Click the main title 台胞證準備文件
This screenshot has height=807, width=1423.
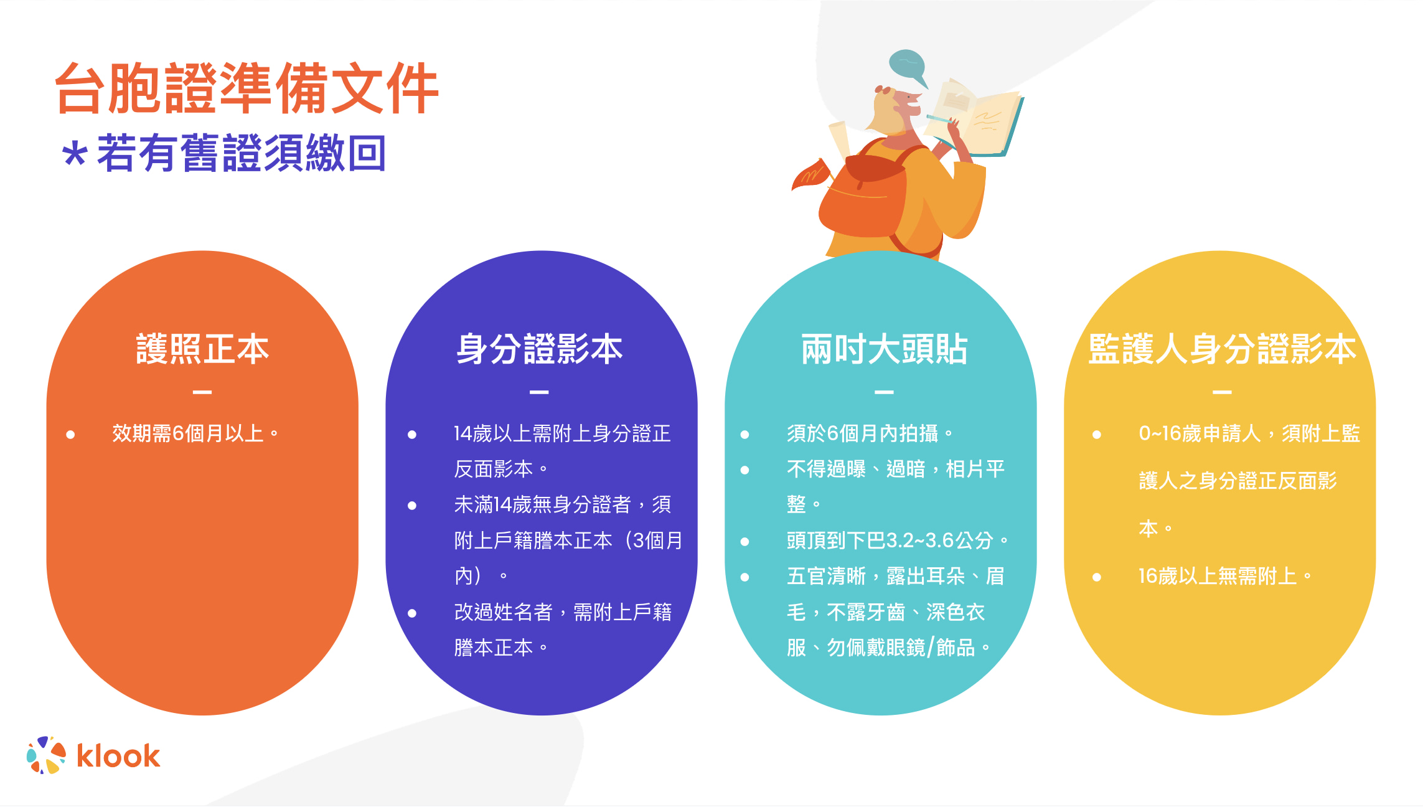(x=247, y=88)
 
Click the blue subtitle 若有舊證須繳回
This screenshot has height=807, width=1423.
(x=242, y=153)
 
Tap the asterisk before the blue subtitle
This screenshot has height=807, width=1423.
(x=75, y=154)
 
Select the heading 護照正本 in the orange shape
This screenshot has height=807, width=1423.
(x=202, y=349)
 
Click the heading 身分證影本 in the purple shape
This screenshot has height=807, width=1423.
(x=540, y=349)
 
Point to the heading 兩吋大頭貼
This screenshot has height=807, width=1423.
(x=884, y=349)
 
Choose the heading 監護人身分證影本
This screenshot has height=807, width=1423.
(x=1222, y=349)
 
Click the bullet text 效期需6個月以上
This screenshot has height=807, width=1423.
(x=195, y=433)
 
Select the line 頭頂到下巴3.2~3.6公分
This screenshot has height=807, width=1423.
(x=897, y=540)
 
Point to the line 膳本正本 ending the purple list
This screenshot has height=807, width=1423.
(x=501, y=648)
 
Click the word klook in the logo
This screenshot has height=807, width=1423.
(x=118, y=756)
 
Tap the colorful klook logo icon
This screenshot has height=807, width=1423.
(x=46, y=755)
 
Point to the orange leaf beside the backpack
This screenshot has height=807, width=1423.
(x=810, y=174)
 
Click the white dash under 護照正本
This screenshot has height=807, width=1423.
(x=202, y=392)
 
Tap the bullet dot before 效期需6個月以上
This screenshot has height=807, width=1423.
(x=70, y=435)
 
